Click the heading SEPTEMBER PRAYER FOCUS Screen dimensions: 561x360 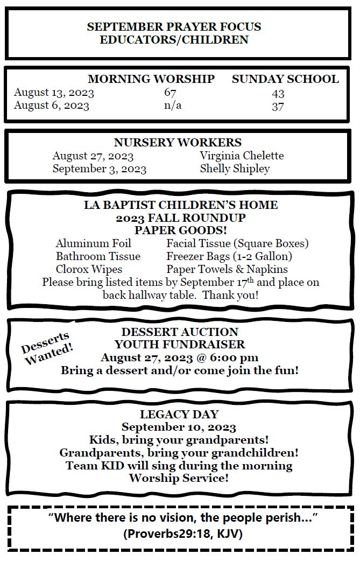click(x=174, y=27)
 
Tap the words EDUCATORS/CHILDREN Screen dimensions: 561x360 click(x=174, y=40)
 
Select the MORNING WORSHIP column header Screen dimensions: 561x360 click(x=151, y=79)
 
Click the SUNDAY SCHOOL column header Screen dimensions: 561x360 click(x=285, y=79)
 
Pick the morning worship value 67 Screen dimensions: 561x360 click(x=170, y=93)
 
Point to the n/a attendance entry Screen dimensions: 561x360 click(x=172, y=106)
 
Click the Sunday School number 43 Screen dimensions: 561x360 click(x=278, y=93)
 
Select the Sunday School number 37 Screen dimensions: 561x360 click(x=278, y=106)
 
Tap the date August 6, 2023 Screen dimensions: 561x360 click(x=52, y=106)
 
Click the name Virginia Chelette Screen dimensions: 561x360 click(x=242, y=156)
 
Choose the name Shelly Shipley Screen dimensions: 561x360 click(x=235, y=169)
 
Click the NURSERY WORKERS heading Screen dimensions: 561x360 click(x=178, y=143)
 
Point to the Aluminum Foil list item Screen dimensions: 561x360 click(x=93, y=243)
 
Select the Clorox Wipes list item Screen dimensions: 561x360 click(x=89, y=269)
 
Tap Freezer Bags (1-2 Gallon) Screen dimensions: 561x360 click(x=229, y=256)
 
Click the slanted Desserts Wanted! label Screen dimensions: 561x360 click(x=47, y=348)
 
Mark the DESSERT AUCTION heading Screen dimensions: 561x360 click(x=180, y=332)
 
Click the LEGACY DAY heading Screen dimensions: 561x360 click(x=179, y=415)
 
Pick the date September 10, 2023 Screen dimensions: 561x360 click(x=179, y=427)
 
